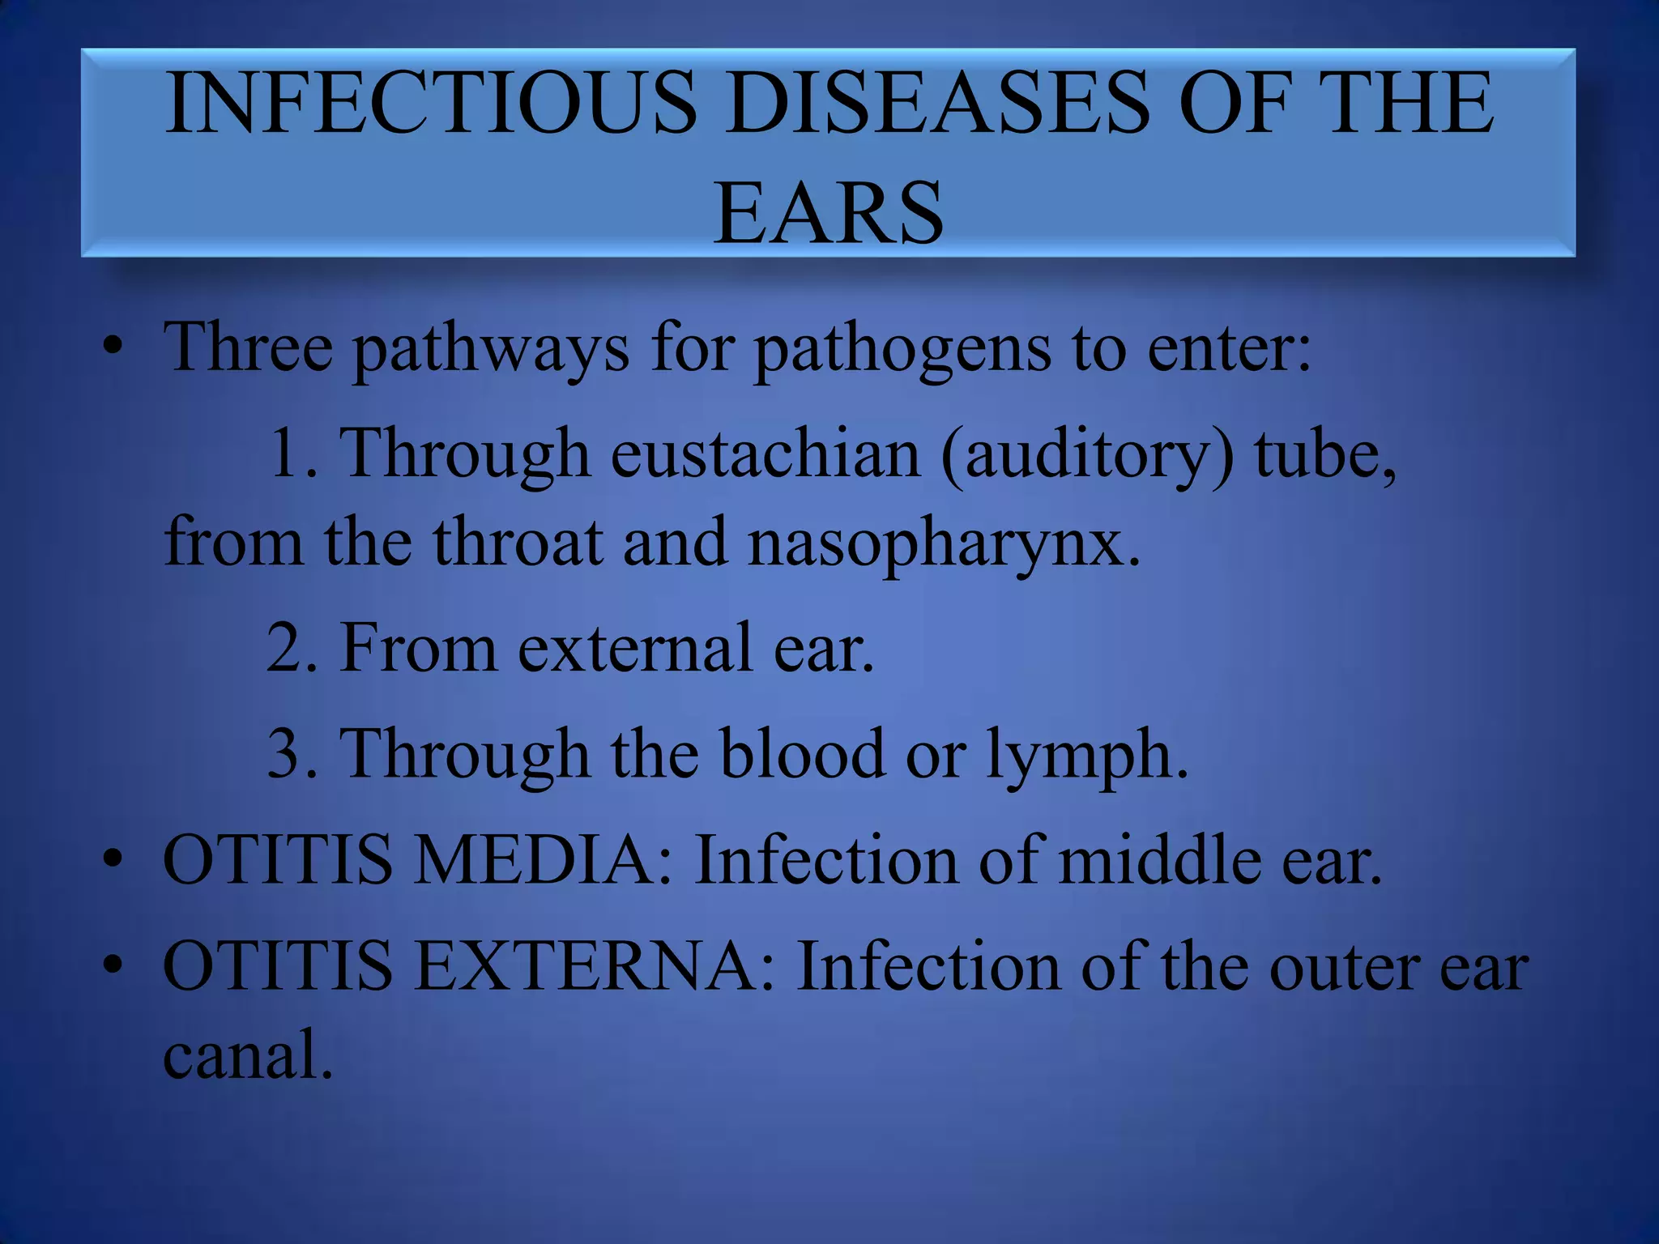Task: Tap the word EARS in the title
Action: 828,213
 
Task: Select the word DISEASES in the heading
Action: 936,104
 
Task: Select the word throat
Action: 518,543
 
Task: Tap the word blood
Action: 803,753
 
